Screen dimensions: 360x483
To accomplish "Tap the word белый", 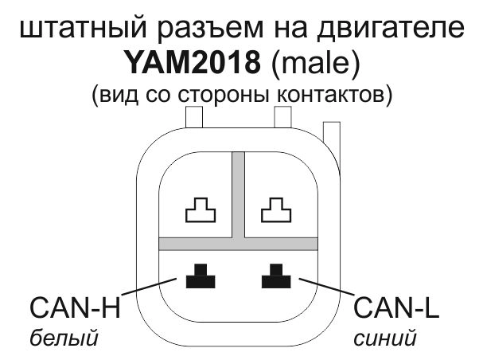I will point(63,338).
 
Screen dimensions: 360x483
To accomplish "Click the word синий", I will point(386,338).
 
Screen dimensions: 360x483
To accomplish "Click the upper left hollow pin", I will point(200,211).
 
